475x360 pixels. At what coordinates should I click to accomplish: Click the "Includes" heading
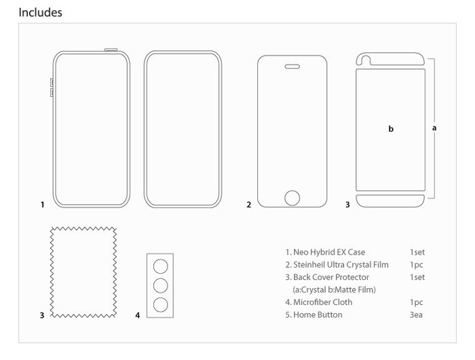[x=40, y=12]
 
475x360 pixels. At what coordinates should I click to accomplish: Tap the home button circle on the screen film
[x=292, y=198]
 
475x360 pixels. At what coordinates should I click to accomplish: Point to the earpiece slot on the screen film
[x=292, y=67]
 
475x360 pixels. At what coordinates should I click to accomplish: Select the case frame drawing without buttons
[x=183, y=128]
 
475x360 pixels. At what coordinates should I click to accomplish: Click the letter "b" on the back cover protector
[x=390, y=128]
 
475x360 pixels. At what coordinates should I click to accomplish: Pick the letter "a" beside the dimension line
[x=434, y=127]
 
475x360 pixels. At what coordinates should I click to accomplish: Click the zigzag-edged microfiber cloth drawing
[x=83, y=272]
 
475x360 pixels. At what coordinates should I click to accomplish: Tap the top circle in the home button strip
[x=161, y=265]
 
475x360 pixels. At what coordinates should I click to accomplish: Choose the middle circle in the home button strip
[x=161, y=284]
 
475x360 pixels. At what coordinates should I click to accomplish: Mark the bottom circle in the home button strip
[x=161, y=303]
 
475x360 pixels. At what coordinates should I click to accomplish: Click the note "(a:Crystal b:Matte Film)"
[x=330, y=290]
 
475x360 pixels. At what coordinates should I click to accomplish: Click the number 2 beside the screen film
[x=249, y=204]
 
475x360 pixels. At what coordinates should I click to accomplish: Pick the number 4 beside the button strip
[x=137, y=316]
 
